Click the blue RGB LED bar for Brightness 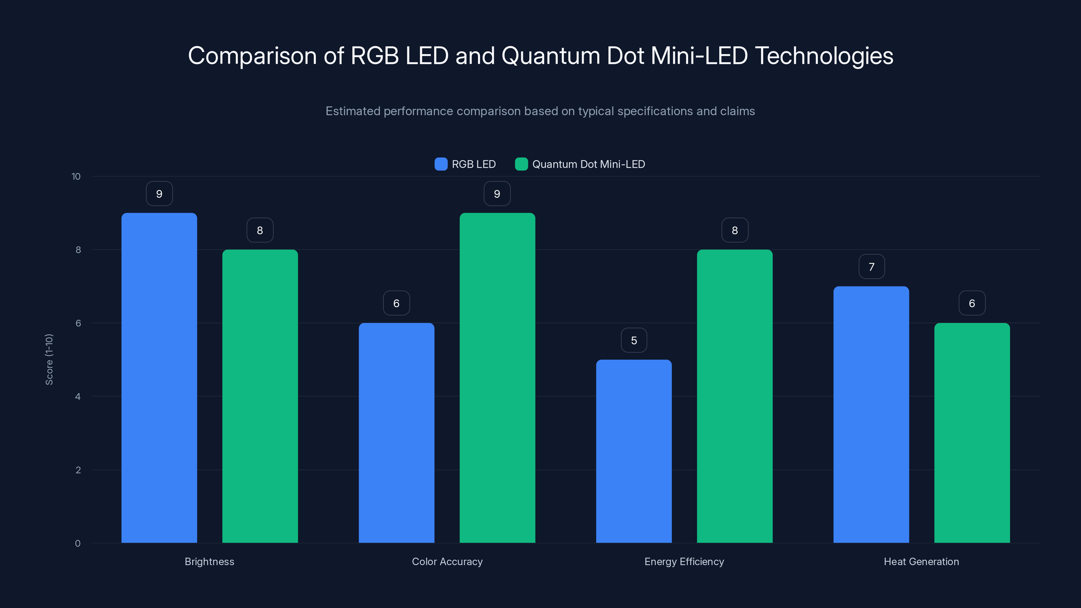coord(159,378)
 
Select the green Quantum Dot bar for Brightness coord(260,396)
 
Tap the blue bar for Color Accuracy coord(396,433)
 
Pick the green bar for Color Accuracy coord(497,378)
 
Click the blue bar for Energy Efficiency coord(634,451)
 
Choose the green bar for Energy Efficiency coord(734,396)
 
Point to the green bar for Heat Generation coord(972,433)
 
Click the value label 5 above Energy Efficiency coord(634,340)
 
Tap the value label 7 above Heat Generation coord(872,267)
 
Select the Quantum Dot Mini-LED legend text coord(588,164)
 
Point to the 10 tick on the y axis coord(76,177)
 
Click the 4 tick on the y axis coord(78,397)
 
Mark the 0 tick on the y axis coord(78,543)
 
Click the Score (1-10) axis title coord(49,360)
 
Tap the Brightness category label coord(209,561)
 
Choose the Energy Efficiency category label coord(684,561)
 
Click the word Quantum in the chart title coord(551,56)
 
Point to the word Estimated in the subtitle coord(352,111)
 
